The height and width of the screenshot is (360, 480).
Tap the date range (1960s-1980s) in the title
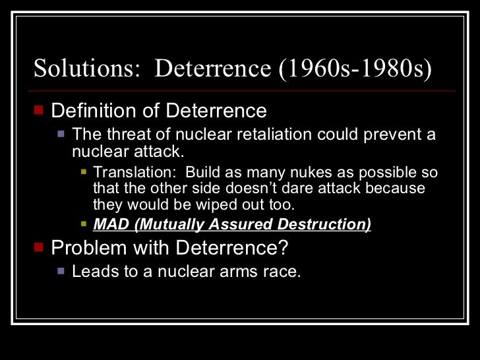[x=357, y=69]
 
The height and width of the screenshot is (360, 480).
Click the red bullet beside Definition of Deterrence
[x=39, y=109]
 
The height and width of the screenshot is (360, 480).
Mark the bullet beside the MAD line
[x=83, y=224]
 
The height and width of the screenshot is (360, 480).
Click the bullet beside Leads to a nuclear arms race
[x=61, y=270]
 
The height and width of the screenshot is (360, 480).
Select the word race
[x=285, y=271]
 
